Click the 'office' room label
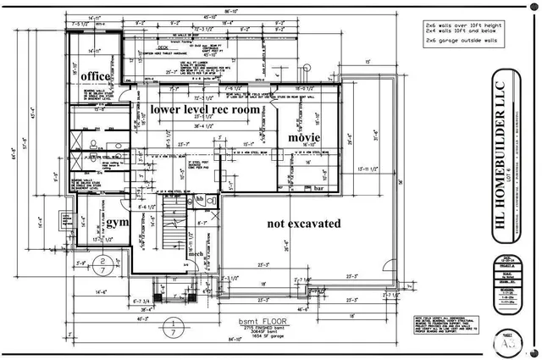tap(96, 77)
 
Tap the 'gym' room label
tap(117, 222)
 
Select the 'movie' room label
tap(304, 137)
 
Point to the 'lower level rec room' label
tap(204, 109)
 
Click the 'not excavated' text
tap(303, 224)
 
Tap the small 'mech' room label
tap(196, 253)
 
